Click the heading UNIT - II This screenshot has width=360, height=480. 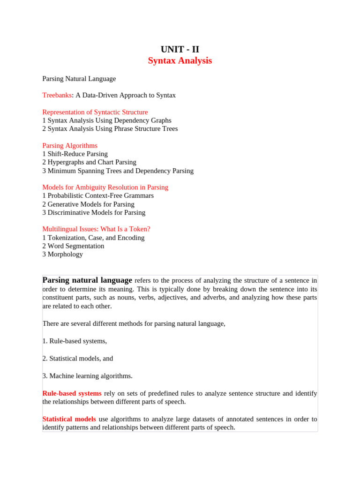click(180, 49)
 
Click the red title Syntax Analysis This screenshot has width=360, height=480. click(180, 61)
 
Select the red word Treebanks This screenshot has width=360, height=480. click(57, 95)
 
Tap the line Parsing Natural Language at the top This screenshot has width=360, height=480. click(79, 79)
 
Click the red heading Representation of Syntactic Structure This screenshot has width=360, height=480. click(95, 112)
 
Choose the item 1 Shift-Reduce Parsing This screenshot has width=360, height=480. click(75, 154)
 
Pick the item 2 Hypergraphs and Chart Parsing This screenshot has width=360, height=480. click(89, 162)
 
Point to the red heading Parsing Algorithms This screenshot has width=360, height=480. click(70, 146)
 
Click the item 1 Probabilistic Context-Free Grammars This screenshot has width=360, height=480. click(98, 195)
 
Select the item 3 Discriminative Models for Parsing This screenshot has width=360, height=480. click(94, 212)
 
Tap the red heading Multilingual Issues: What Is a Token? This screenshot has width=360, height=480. click(96, 229)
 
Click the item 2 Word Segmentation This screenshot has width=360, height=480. click(73, 246)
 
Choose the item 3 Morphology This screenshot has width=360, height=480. click(62, 254)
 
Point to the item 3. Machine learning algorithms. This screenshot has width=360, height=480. click(87, 375)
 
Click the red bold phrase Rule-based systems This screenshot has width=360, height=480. click(72, 393)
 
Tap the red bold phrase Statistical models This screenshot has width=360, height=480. click(69, 419)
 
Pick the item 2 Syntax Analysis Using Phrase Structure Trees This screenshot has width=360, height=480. click(110, 128)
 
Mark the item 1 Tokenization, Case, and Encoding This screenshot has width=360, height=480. click(93, 238)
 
